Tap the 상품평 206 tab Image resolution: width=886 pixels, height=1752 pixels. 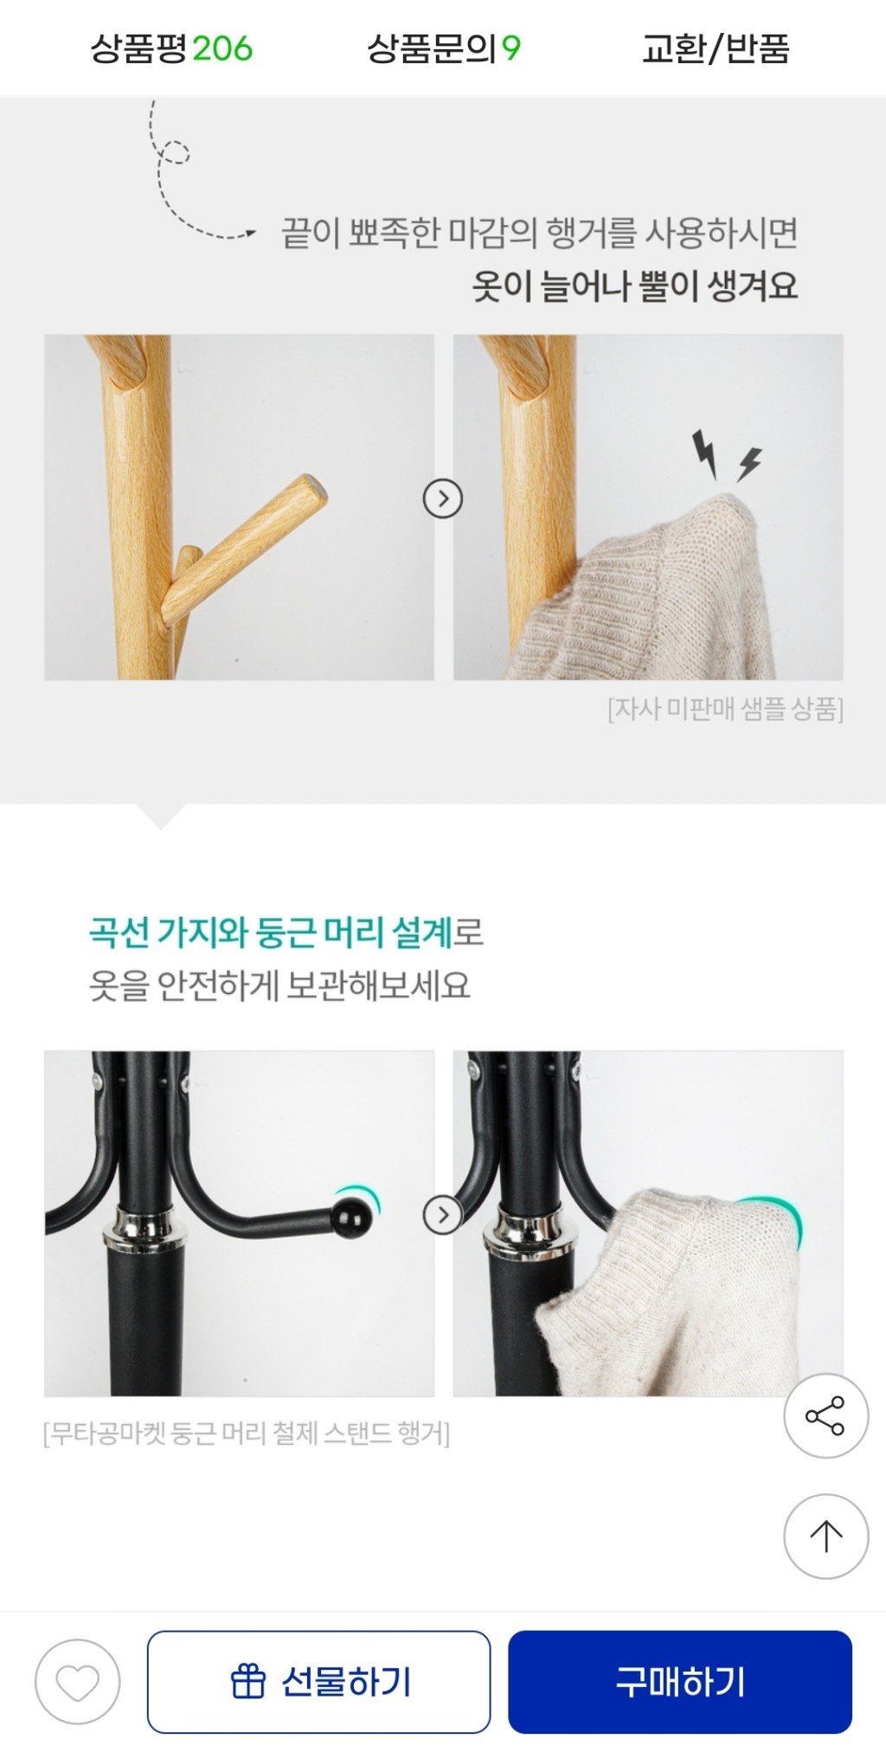click(171, 48)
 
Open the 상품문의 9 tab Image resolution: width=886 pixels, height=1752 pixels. click(443, 48)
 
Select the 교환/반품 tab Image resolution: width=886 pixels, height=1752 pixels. click(716, 48)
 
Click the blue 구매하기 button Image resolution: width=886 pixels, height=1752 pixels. click(680, 1682)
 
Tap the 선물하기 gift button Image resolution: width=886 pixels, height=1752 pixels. click(318, 1682)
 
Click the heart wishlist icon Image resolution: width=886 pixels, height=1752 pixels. click(77, 1682)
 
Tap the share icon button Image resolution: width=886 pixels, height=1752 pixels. click(825, 1416)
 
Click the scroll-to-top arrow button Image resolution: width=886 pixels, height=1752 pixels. click(825, 1536)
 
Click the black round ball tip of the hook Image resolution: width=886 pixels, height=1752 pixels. click(353, 1218)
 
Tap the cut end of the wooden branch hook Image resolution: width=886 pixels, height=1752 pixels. click(314, 491)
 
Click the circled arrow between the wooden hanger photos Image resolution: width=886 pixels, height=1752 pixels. click(443, 498)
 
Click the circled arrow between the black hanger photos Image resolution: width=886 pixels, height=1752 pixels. click(443, 1216)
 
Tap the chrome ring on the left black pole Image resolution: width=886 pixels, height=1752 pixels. click(145, 1228)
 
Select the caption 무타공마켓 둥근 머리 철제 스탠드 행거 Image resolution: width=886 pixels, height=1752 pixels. click(247, 1434)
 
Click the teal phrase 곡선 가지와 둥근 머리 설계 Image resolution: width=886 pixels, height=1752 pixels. click(270, 933)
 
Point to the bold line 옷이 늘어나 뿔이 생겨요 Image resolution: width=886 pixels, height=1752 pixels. click(634, 286)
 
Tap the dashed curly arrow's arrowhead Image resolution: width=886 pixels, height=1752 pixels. click(250, 232)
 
